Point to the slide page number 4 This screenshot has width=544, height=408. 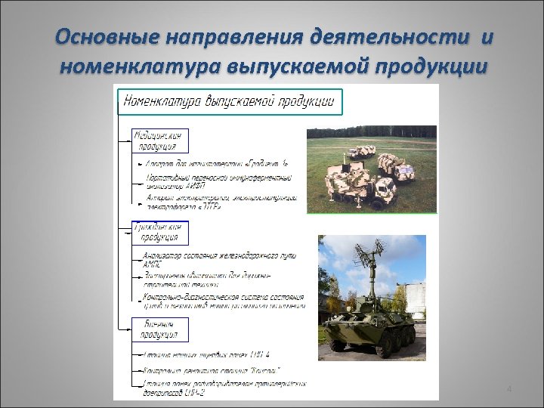pos(508,388)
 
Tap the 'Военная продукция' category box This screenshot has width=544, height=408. pos(159,328)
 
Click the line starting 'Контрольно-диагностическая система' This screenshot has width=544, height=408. pos(224,296)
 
